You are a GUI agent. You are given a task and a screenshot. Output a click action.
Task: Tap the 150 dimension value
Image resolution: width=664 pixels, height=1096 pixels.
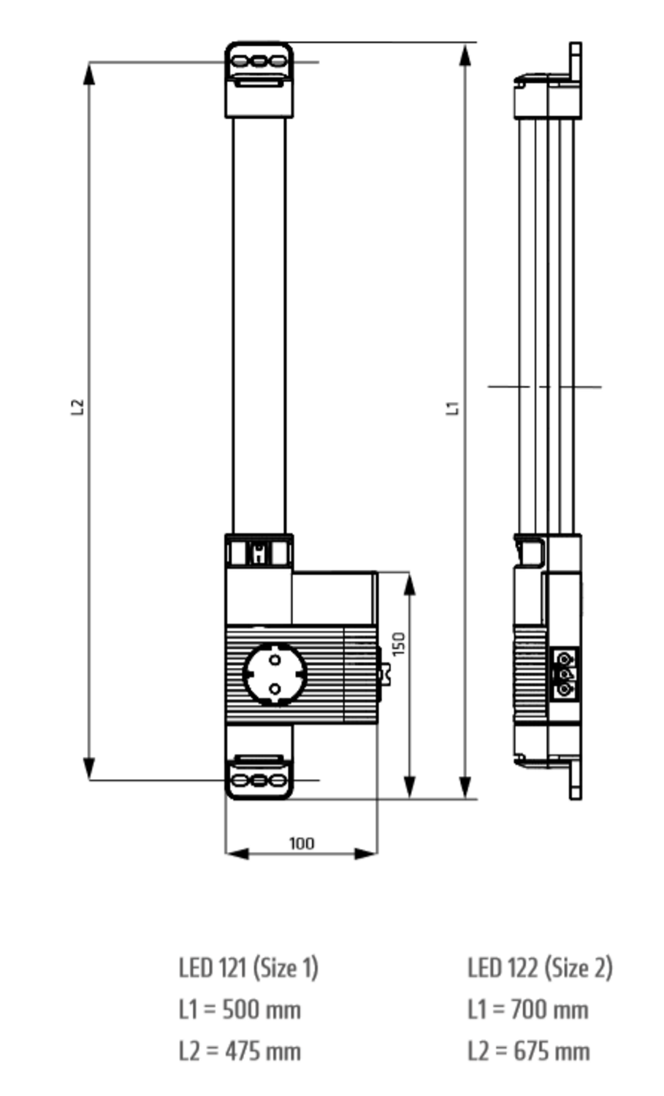tap(398, 644)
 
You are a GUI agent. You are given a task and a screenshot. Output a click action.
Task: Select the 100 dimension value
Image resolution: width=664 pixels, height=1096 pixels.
tap(301, 843)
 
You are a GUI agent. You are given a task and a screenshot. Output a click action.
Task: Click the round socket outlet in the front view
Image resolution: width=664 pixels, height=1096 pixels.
tap(275, 674)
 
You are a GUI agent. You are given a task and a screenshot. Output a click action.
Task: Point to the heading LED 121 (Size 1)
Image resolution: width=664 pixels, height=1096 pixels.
tap(248, 967)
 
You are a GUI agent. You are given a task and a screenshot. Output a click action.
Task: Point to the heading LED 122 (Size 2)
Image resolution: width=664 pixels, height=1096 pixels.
tap(540, 967)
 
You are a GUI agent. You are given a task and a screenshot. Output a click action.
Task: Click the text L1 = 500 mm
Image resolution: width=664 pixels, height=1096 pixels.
tap(240, 1010)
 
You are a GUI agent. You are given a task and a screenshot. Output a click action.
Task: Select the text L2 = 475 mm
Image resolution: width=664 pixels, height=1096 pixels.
tap(240, 1051)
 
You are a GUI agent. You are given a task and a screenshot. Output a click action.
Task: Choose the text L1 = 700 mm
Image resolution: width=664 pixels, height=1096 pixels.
tap(528, 1010)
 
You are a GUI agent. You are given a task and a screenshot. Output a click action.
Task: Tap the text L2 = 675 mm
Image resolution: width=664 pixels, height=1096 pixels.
tap(528, 1051)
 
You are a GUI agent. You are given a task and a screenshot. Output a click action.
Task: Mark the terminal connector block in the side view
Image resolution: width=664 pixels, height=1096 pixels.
tap(565, 672)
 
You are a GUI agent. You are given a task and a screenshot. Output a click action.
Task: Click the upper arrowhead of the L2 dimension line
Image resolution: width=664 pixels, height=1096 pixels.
tap(89, 73)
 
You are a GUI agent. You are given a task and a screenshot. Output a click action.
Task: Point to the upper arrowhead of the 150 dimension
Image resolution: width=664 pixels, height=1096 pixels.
tap(410, 585)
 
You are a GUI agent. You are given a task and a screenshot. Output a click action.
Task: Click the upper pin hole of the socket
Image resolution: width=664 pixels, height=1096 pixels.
tap(275, 661)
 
